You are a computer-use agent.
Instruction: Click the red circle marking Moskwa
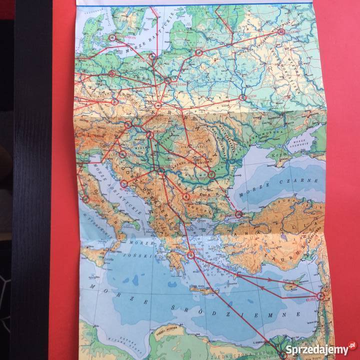(281, 31)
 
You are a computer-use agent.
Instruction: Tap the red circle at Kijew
(243, 97)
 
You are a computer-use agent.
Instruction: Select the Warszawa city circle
(168, 80)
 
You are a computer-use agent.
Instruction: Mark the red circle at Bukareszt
(211, 174)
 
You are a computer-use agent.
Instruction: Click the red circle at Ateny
(190, 255)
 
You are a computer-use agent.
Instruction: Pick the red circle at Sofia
(186, 197)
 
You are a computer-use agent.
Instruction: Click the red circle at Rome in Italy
(86, 199)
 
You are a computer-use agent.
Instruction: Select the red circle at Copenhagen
(112, 37)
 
